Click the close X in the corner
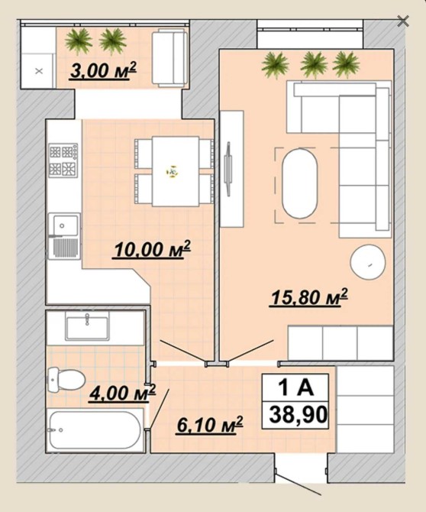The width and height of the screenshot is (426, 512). [403, 21]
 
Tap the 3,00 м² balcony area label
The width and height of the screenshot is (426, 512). [103, 71]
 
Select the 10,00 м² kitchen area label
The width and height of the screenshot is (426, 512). [152, 250]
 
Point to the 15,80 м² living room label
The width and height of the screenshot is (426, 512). [308, 298]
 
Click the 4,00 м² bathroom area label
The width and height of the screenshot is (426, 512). [122, 393]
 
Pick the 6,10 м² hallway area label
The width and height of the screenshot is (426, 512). [210, 425]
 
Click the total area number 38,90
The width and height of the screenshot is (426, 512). [298, 415]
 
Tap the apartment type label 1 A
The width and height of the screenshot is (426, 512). [295, 387]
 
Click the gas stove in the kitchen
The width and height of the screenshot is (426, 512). [63, 160]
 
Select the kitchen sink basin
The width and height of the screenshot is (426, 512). [63, 225]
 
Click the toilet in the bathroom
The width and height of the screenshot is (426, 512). [66, 380]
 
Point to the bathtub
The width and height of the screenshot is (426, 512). [95, 430]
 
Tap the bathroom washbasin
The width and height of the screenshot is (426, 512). [87, 326]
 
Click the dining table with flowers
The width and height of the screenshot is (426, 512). [176, 171]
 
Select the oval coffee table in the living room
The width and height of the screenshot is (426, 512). [300, 184]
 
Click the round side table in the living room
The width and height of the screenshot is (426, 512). [368, 262]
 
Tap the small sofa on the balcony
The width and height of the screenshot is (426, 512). [169, 58]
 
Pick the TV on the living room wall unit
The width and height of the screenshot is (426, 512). [228, 169]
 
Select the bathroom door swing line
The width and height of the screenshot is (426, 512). [160, 409]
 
